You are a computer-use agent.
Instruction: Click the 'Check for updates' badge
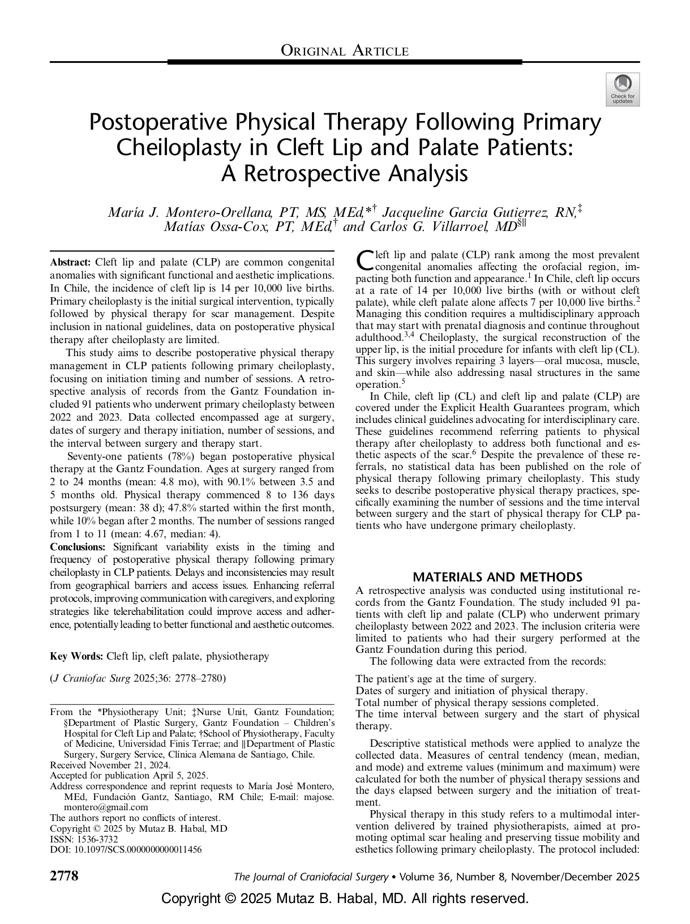[x=623, y=89]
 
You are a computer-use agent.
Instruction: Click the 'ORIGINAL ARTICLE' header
[x=345, y=51]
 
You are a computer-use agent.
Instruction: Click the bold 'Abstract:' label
[x=71, y=262]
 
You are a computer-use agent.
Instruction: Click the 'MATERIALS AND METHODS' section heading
[x=498, y=577]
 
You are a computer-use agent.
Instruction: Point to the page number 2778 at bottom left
[x=64, y=876]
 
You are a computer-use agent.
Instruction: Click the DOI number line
[x=126, y=849]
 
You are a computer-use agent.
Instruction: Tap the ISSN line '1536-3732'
[x=84, y=839]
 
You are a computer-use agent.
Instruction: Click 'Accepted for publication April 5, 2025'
[x=129, y=775]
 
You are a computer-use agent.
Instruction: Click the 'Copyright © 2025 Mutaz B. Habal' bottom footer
[x=345, y=899]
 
